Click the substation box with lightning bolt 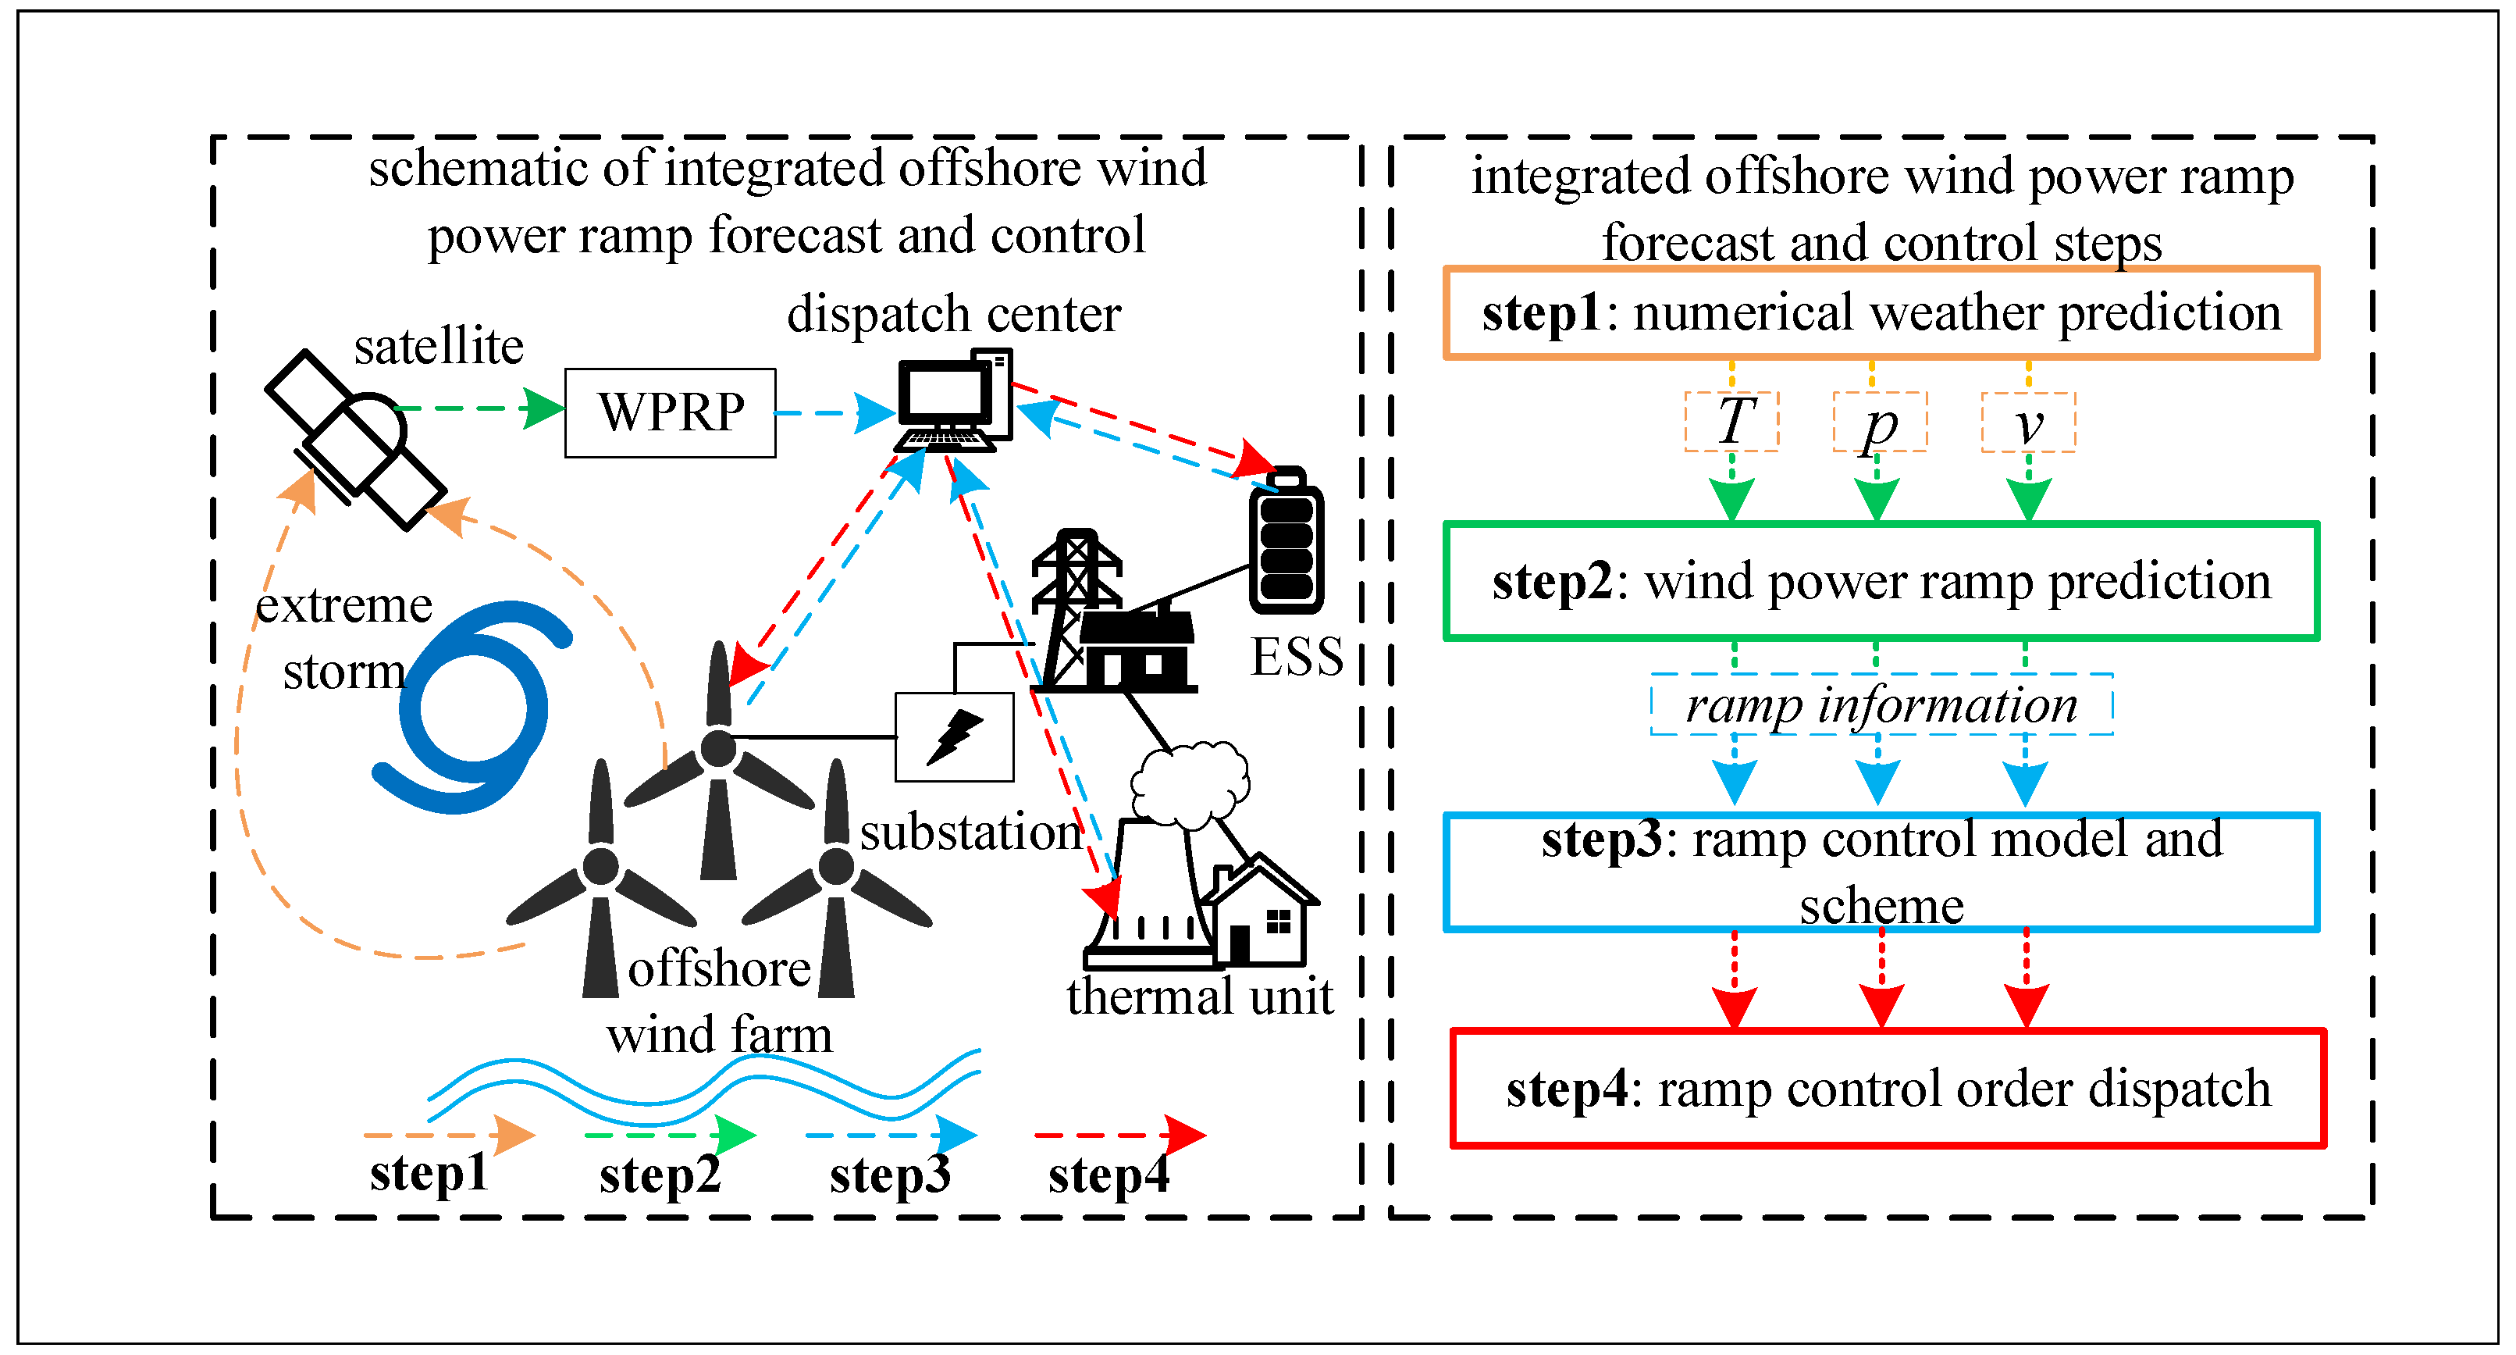954,736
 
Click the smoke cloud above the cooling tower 1189,783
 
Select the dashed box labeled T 1731,422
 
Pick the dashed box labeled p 1879,422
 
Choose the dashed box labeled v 2027,422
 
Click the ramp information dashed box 1881,704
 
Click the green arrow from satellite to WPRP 479,408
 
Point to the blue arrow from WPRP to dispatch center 835,413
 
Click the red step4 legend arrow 1119,1136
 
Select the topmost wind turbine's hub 719,748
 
